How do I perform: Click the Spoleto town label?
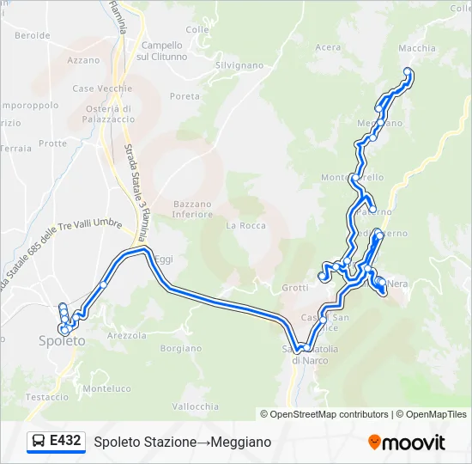[62, 341]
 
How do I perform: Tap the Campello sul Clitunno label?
[162, 51]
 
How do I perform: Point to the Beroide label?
[33, 35]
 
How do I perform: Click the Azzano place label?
[83, 60]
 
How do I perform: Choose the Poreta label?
[185, 96]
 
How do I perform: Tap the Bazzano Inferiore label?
[192, 209]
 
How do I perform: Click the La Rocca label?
[245, 225]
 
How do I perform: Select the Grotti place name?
[294, 287]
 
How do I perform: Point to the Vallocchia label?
[196, 406]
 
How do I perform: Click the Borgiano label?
[180, 348]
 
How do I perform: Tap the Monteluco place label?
[107, 388]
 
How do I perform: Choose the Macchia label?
[417, 48]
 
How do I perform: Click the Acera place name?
[328, 47]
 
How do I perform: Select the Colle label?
[197, 29]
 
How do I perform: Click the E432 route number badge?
[65, 442]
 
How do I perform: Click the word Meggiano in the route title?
[242, 442]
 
